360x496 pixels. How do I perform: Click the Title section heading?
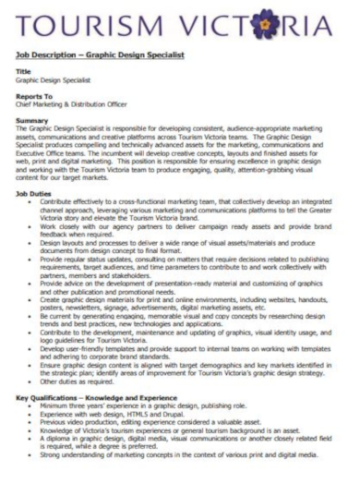(24, 72)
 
